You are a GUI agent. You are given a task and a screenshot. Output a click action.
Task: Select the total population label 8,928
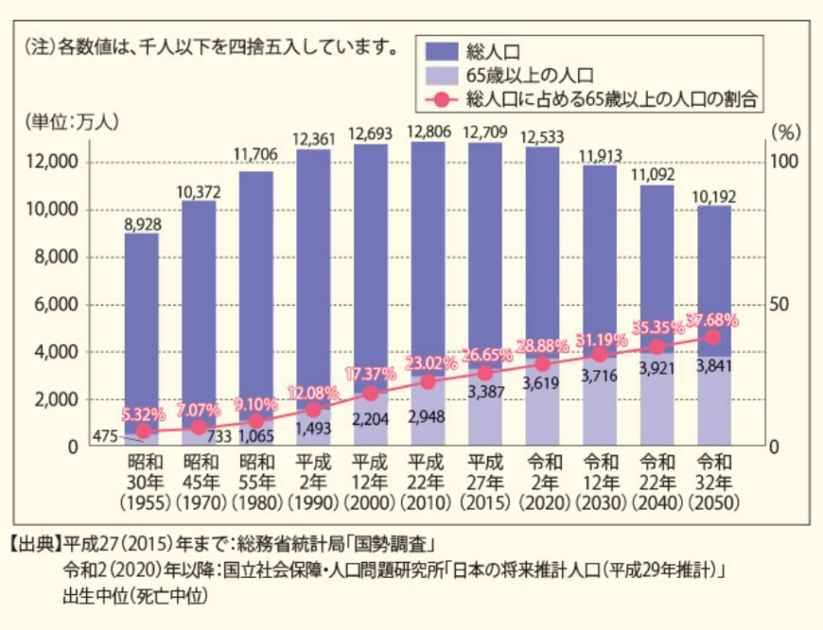(142, 224)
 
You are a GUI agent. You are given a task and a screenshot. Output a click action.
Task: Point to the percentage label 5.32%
(144, 413)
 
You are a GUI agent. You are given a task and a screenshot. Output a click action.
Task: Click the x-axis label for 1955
(142, 481)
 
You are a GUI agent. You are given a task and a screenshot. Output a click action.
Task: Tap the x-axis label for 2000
(371, 481)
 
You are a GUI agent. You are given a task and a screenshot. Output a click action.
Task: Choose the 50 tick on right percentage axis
(784, 305)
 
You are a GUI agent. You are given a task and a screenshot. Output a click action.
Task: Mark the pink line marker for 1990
(313, 410)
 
